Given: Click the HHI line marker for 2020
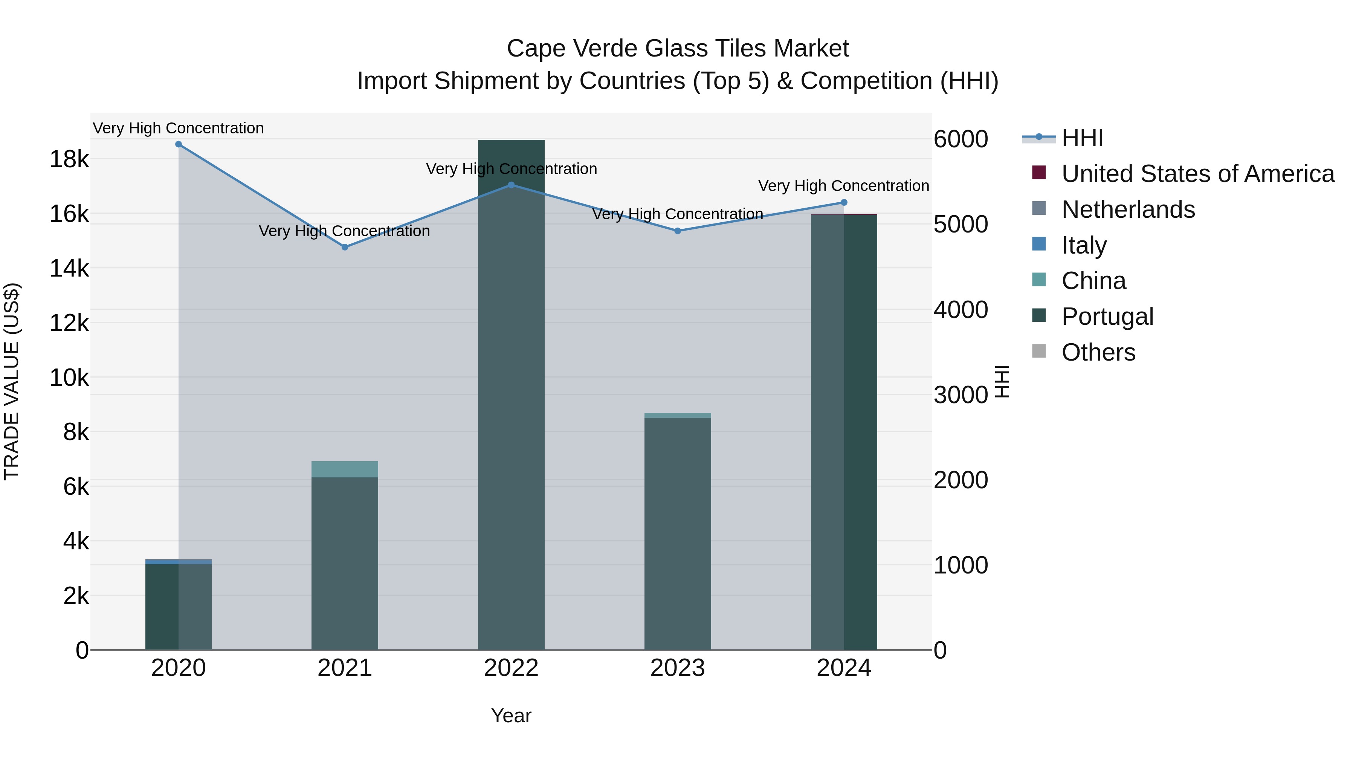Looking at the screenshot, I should pos(179,144).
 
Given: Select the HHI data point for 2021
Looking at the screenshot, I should pos(345,247).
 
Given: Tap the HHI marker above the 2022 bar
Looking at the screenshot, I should pos(511,185).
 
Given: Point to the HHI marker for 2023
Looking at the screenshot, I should pos(678,231).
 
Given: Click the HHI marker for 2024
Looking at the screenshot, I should pos(844,202).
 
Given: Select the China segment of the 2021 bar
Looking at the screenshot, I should pos(345,469).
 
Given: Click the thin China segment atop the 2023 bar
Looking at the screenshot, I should pos(678,416).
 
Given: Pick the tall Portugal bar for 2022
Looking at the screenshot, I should pos(511,395).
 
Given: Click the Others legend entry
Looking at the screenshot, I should pos(1098,352).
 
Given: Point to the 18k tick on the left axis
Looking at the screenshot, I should pos(69,159).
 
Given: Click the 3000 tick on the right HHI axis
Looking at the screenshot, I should pos(960,395).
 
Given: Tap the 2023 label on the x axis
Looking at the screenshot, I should pos(678,668).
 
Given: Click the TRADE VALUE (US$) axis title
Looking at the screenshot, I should pos(12,381).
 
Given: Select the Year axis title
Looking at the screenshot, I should pos(511,716).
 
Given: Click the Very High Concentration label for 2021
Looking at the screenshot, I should pos(344,231).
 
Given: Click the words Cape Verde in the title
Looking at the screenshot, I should pos(573,49).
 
